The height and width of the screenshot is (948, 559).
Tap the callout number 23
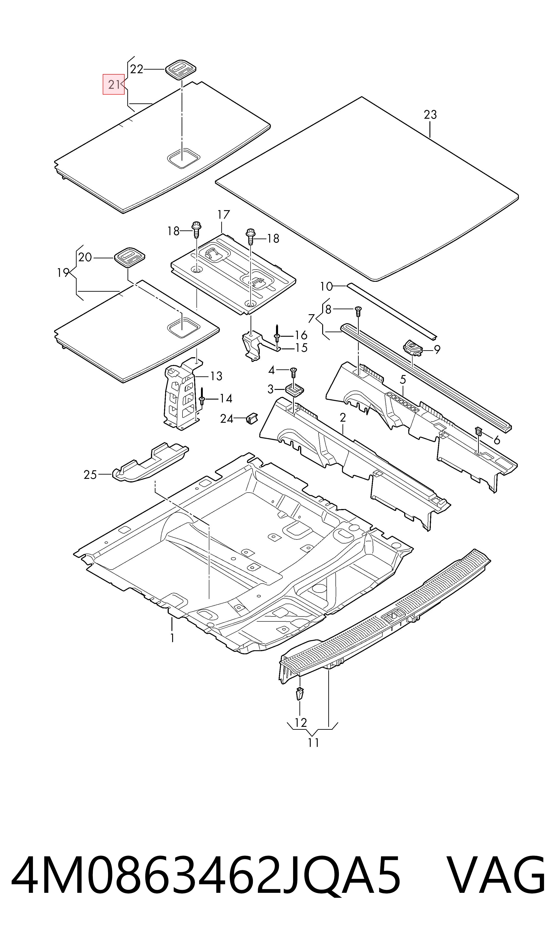(430, 114)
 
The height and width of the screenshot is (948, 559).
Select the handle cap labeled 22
(181, 69)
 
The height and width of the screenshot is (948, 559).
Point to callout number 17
(223, 215)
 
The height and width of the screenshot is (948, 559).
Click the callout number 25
(90, 475)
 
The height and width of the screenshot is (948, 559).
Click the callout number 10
(326, 286)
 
